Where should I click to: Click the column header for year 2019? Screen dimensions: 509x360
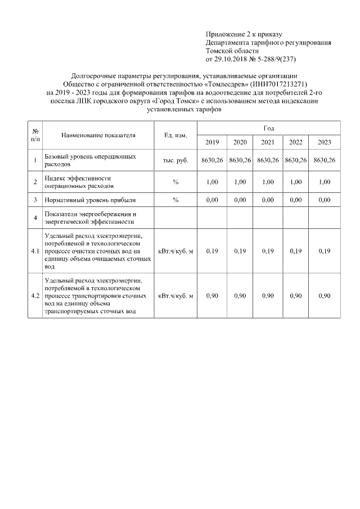(212, 142)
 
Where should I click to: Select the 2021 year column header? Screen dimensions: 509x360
(268, 142)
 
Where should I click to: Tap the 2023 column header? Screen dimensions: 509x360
(325, 142)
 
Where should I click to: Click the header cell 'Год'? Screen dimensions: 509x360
(268, 129)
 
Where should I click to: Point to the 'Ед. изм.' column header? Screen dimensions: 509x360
(175, 136)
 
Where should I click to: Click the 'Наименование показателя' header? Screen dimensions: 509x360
(99, 136)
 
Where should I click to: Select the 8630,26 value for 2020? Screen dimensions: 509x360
(240, 160)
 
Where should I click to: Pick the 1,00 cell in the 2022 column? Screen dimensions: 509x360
(296, 182)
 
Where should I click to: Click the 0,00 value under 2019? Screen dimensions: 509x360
(212, 200)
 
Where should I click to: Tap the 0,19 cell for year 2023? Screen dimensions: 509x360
(325, 251)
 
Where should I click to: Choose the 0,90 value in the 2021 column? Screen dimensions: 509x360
(268, 296)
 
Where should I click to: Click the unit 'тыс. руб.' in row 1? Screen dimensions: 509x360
(175, 160)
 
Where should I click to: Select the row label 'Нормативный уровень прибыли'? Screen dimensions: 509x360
(90, 200)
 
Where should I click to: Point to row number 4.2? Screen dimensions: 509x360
(35, 296)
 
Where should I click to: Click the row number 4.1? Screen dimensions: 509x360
(35, 251)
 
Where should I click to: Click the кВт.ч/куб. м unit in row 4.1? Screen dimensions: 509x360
(175, 251)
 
